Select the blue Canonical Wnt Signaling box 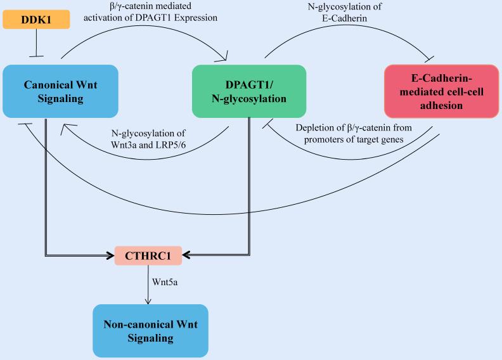point(60,91)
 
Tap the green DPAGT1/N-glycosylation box point(248,91)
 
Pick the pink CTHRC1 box point(148,255)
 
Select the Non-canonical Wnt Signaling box point(150,331)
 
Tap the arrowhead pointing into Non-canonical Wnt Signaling point(148,300)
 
